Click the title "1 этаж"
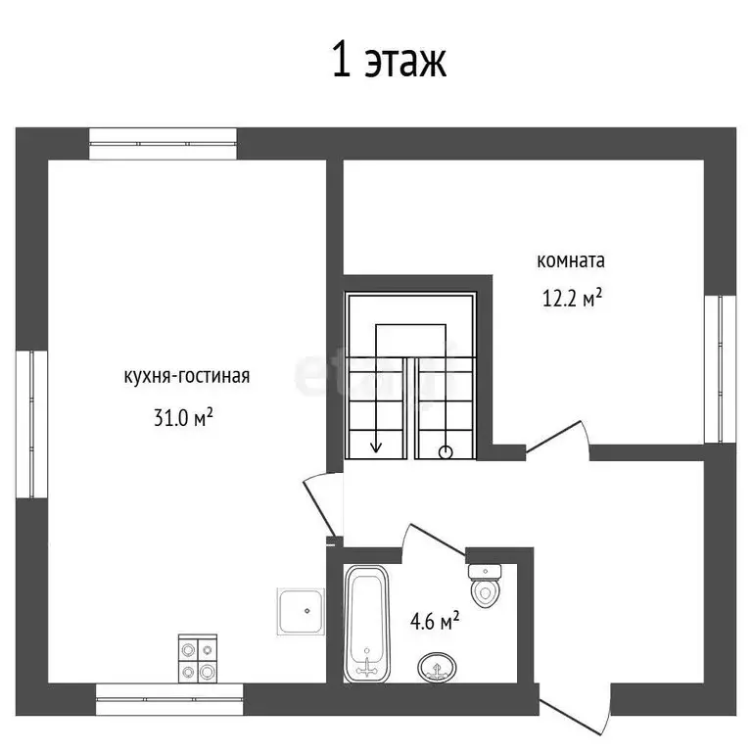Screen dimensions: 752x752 [x=389, y=61]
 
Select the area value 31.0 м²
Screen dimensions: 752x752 [x=183, y=418]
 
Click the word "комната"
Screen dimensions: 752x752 [x=571, y=261]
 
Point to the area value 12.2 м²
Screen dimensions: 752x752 [x=572, y=300]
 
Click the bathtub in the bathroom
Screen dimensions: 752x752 [x=368, y=625]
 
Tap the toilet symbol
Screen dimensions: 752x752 [x=484, y=586]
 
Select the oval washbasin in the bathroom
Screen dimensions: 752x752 [x=436, y=669]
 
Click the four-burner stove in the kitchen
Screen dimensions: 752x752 [x=197, y=659]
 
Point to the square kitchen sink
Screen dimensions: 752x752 [x=302, y=612]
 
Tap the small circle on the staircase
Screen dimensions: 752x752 [x=446, y=452]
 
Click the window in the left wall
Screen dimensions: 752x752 [x=31, y=424]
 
